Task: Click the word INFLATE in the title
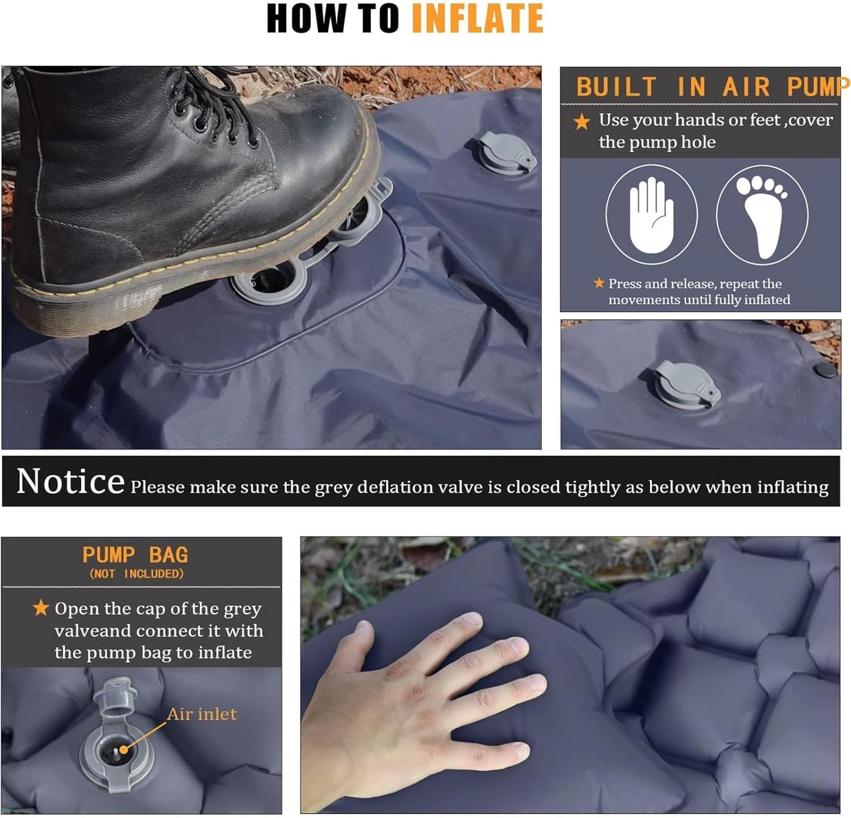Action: tap(477, 18)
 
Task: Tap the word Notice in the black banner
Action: tap(70, 481)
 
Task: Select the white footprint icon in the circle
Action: tap(762, 216)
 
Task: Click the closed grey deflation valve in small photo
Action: tap(687, 384)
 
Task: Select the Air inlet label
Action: tap(202, 714)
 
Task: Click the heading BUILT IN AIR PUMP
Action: tap(712, 87)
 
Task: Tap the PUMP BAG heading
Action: tap(135, 554)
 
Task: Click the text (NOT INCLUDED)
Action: tap(136, 574)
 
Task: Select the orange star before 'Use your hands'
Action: tap(582, 121)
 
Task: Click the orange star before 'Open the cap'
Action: tap(40, 608)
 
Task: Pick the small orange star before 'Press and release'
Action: tap(599, 283)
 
